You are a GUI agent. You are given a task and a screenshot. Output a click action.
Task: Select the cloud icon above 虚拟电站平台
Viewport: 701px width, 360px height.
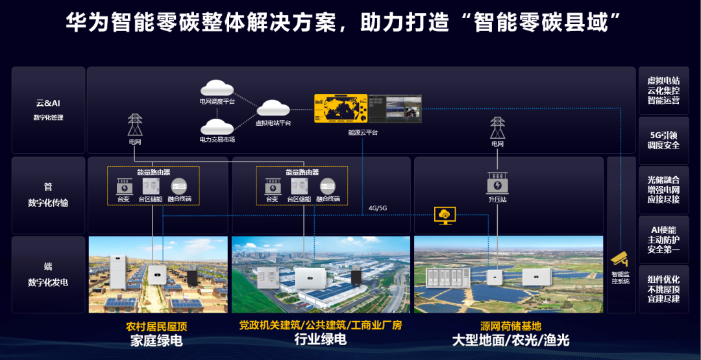point(273,108)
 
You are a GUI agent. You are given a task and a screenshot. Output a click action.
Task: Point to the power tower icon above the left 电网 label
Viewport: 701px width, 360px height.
point(135,124)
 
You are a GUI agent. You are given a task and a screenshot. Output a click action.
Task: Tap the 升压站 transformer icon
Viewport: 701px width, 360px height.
point(497,184)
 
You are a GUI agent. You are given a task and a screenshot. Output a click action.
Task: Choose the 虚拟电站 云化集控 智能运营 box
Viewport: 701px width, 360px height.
point(663,90)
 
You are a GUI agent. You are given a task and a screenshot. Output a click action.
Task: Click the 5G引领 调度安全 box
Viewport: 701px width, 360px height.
point(663,140)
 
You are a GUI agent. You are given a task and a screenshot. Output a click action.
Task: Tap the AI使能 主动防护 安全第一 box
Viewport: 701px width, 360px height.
point(663,239)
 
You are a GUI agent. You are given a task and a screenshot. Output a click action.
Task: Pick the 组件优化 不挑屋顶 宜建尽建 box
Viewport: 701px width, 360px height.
point(663,289)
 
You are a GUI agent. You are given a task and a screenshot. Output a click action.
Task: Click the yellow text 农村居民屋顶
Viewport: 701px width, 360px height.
point(156,326)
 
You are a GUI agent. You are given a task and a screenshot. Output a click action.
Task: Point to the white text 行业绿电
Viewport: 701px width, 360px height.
point(320,340)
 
